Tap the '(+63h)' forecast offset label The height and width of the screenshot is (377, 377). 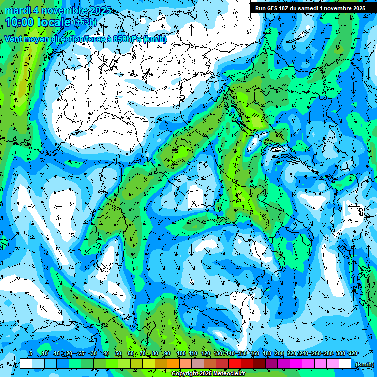pyautogui.click(x=85, y=22)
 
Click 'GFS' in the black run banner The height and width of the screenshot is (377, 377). pyautogui.click(x=271, y=8)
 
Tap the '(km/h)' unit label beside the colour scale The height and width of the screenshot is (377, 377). pyautogui.click(x=364, y=364)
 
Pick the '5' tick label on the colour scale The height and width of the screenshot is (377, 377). pyautogui.click(x=31, y=353)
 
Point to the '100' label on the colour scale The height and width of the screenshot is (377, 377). pyautogui.click(x=181, y=353)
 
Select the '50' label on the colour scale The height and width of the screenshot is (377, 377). pyautogui.click(x=118, y=353)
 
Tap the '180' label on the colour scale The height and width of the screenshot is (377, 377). pyautogui.click(x=267, y=353)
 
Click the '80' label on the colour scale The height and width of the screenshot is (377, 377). pyautogui.click(x=155, y=353)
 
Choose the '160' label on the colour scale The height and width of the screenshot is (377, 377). pyautogui.click(x=254, y=353)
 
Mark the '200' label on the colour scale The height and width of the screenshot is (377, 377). pyautogui.click(x=279, y=353)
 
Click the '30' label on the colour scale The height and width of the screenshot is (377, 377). pyautogui.click(x=93, y=353)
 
